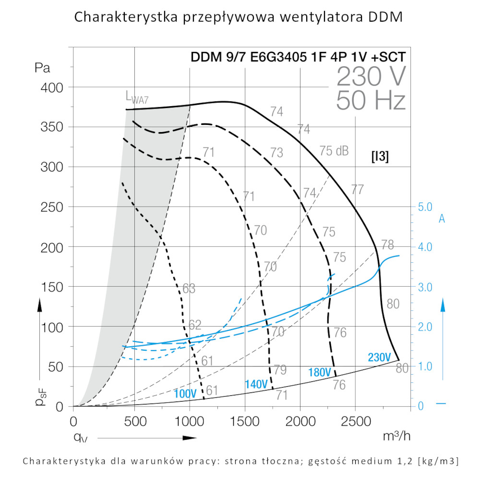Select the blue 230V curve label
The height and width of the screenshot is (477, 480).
[x=380, y=357]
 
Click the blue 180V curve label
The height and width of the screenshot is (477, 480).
[x=320, y=372]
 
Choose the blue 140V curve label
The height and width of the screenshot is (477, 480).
[x=256, y=385]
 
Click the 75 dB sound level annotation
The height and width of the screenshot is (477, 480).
[x=334, y=150]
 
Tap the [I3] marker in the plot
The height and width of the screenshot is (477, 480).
[x=380, y=157]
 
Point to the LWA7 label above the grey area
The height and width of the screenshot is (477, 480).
[x=137, y=98]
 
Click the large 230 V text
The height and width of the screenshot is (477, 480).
[x=371, y=76]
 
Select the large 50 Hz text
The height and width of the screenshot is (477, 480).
[x=371, y=100]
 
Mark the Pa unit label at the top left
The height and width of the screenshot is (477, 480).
[x=43, y=68]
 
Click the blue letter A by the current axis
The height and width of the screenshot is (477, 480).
[x=442, y=219]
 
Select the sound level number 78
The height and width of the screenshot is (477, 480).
[x=388, y=244]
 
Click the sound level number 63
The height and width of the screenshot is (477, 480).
[x=189, y=289]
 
